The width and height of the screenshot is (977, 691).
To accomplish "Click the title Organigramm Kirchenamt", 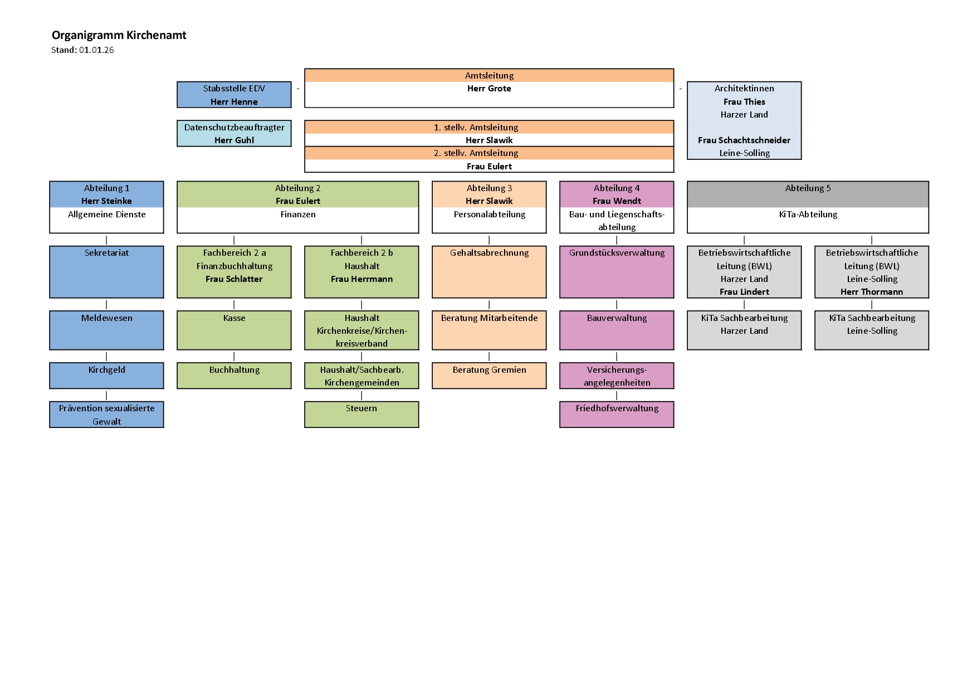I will pyautogui.click(x=119, y=35).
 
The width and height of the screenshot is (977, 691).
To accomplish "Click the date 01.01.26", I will pyautogui.click(x=96, y=50).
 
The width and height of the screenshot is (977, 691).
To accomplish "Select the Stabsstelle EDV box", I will pyautogui.click(x=234, y=95).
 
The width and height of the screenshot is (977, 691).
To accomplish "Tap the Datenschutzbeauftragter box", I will pyautogui.click(x=234, y=134).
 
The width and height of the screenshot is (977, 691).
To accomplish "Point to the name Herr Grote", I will pyautogui.click(x=489, y=89).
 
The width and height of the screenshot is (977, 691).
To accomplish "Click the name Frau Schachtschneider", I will pyautogui.click(x=744, y=140).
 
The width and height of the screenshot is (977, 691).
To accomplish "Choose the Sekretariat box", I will pyautogui.click(x=106, y=272).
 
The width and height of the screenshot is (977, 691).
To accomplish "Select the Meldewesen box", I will pyautogui.click(x=106, y=330).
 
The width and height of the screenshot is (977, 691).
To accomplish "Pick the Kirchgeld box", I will pyautogui.click(x=106, y=376).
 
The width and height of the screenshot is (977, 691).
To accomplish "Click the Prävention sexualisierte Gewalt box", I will pyautogui.click(x=106, y=415).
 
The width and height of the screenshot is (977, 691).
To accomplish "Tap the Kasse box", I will pyautogui.click(x=234, y=330).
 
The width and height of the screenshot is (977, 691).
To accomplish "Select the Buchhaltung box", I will pyautogui.click(x=234, y=376).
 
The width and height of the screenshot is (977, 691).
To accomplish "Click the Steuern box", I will pyautogui.click(x=362, y=415).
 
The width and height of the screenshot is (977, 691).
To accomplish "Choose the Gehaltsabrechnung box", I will pyautogui.click(x=489, y=272).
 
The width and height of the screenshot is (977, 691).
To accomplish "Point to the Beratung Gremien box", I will pyautogui.click(x=489, y=376).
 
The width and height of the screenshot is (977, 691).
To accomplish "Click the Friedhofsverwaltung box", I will pyautogui.click(x=617, y=415).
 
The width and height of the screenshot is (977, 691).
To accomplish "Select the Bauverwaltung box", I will pyautogui.click(x=617, y=330).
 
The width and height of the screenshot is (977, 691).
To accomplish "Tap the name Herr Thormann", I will pyautogui.click(x=872, y=292).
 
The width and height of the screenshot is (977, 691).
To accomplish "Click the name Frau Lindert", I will pyautogui.click(x=744, y=292).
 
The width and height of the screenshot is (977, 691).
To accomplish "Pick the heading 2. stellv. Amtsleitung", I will pyautogui.click(x=489, y=153).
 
